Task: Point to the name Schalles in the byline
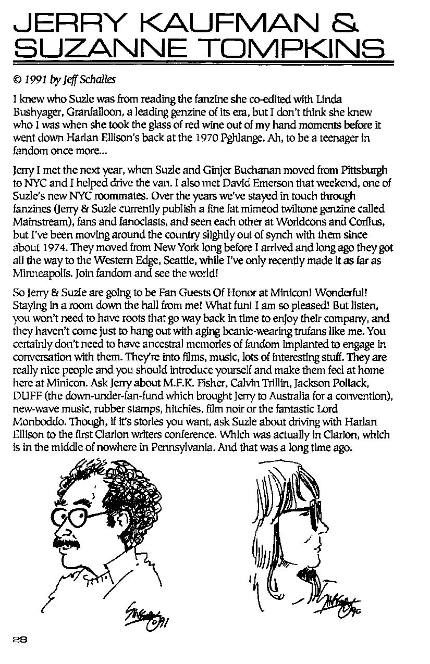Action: click(x=99, y=81)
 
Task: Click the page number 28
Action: click(x=20, y=640)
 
